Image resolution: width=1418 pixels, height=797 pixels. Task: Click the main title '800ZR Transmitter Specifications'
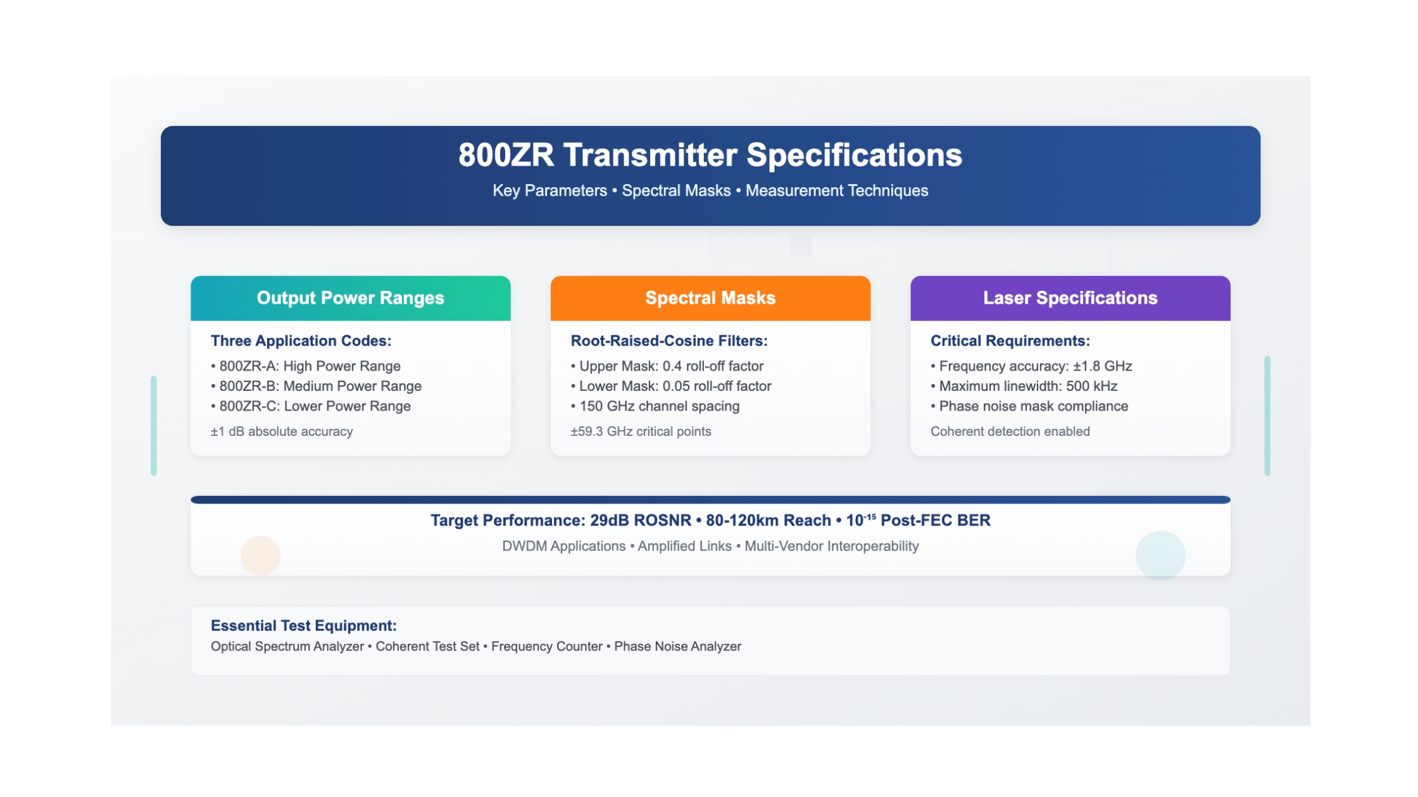[710, 155]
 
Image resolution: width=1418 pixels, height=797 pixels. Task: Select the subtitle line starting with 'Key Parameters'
[710, 190]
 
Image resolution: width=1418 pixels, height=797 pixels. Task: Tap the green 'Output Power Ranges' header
[350, 298]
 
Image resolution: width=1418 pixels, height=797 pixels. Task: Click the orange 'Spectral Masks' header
[710, 298]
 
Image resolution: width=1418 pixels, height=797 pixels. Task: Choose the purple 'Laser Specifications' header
[1070, 298]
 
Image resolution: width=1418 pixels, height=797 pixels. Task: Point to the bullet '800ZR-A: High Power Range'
[306, 366]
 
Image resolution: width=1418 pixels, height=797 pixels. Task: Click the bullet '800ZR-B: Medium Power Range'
[316, 386]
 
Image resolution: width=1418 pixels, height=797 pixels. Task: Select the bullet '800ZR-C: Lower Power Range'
[311, 407]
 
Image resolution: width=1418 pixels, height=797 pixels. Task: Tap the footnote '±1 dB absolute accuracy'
[282, 431]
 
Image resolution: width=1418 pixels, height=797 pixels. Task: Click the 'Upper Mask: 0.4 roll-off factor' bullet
[667, 366]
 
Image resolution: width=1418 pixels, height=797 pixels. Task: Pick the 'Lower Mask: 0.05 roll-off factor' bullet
[671, 386]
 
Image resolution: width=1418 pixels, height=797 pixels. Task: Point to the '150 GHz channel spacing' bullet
[655, 407]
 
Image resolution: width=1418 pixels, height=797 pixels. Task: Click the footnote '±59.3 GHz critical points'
[641, 431]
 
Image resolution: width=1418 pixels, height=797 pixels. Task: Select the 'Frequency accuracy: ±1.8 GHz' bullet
[1031, 366]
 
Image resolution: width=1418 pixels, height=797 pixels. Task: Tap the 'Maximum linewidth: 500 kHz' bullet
[1024, 386]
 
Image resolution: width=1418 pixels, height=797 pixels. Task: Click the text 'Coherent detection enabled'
[1010, 431]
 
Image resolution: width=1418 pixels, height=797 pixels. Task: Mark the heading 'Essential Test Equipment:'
[304, 626]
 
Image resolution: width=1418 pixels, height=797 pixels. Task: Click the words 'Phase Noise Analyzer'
[677, 646]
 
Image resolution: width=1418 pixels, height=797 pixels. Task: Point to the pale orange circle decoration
[261, 555]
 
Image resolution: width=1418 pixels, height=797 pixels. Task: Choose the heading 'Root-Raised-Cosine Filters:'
[669, 341]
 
